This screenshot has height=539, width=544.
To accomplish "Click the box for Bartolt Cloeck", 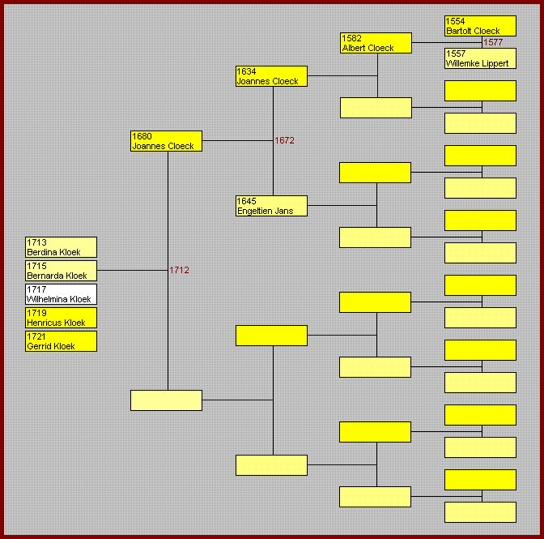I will pyautogui.click(x=480, y=26).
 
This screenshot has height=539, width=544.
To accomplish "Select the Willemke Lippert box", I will pyautogui.click(x=480, y=58).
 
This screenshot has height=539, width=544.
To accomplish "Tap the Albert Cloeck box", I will pyautogui.click(x=376, y=43).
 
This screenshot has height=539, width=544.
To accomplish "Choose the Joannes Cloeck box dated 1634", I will pyautogui.click(x=271, y=76).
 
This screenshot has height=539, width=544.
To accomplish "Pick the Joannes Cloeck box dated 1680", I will pyautogui.click(x=166, y=141).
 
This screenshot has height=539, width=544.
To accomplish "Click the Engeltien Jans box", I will pyautogui.click(x=271, y=206).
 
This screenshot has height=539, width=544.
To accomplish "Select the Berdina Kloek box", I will pyautogui.click(x=61, y=247).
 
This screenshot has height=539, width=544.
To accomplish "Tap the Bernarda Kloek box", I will pyautogui.click(x=61, y=271).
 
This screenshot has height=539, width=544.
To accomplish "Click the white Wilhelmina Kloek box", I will pyautogui.click(x=61, y=294).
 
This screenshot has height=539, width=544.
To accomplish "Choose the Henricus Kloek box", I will pyautogui.click(x=61, y=318).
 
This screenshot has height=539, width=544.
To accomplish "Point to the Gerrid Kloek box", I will pyautogui.click(x=61, y=341).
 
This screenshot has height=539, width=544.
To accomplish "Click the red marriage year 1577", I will pyautogui.click(x=494, y=42).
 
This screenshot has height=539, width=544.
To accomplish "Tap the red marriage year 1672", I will pyautogui.click(x=284, y=140).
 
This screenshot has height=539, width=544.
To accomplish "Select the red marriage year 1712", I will pyautogui.click(x=179, y=270).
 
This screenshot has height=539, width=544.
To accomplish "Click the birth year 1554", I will pyautogui.click(x=456, y=21).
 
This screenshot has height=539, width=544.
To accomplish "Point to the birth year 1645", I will pyautogui.click(x=247, y=201).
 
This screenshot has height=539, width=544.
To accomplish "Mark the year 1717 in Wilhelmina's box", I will pyautogui.click(x=36, y=289).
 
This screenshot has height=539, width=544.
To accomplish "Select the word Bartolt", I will pyautogui.click(x=459, y=31).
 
